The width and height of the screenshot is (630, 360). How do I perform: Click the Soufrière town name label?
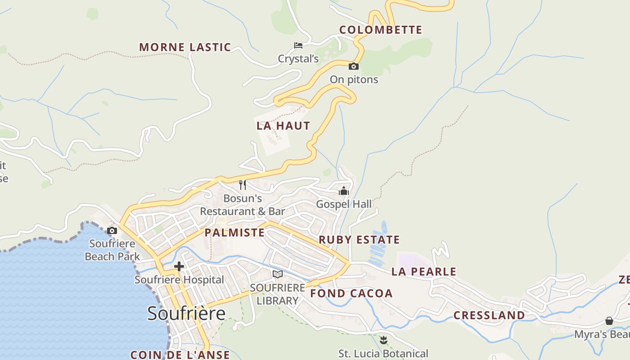click(x=186, y=313)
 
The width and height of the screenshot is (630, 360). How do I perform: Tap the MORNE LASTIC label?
click(x=185, y=47)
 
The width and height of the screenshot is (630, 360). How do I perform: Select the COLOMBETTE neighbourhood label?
click(x=381, y=30)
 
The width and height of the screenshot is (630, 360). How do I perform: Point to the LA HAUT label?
click(x=283, y=126)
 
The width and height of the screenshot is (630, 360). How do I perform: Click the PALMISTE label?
click(x=234, y=233)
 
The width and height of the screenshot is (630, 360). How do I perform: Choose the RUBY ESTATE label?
click(x=359, y=240)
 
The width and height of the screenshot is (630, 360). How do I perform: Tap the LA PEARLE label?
click(x=424, y=272)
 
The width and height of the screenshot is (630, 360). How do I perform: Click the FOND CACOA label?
click(x=351, y=294)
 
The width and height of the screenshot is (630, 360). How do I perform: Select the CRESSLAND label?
click(x=489, y=315)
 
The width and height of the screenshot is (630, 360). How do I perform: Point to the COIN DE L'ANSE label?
click(x=180, y=355)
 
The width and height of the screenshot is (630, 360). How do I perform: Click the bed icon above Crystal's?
click(x=298, y=45)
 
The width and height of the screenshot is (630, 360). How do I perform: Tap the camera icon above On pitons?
click(x=354, y=67)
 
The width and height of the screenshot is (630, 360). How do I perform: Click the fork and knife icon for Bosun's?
click(x=243, y=184)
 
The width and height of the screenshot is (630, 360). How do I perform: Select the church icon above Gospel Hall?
click(x=344, y=191)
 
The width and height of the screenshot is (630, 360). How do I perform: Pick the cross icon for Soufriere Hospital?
click(x=179, y=266)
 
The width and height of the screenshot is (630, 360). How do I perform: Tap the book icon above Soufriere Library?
click(x=278, y=274)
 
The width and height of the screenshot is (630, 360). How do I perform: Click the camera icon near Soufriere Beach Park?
click(x=112, y=231)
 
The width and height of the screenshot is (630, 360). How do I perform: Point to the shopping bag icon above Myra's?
click(x=609, y=321)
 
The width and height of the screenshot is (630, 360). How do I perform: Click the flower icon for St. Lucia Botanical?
click(x=383, y=340)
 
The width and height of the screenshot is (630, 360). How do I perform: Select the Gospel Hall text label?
click(x=344, y=204)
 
